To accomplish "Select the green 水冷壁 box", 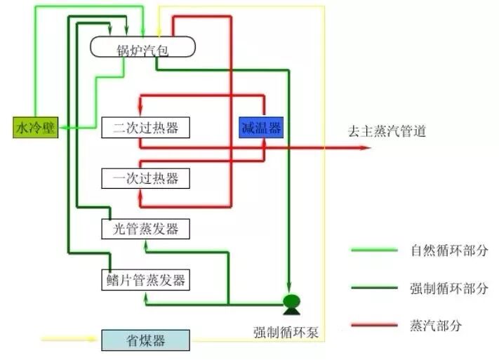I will (x=34, y=128).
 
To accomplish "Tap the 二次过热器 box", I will (x=145, y=128).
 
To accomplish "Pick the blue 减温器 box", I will (x=260, y=128).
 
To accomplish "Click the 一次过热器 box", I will (x=145, y=178).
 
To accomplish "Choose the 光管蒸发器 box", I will (x=145, y=229).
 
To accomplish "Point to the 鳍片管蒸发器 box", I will (x=145, y=280).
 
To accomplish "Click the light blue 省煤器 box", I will (x=145, y=341).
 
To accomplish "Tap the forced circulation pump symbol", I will (x=290, y=303).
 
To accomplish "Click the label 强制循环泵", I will (x=286, y=332).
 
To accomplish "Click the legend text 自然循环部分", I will (x=448, y=250).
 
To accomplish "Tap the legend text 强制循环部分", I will (x=448, y=288).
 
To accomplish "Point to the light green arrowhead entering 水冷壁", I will (x=62, y=128).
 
